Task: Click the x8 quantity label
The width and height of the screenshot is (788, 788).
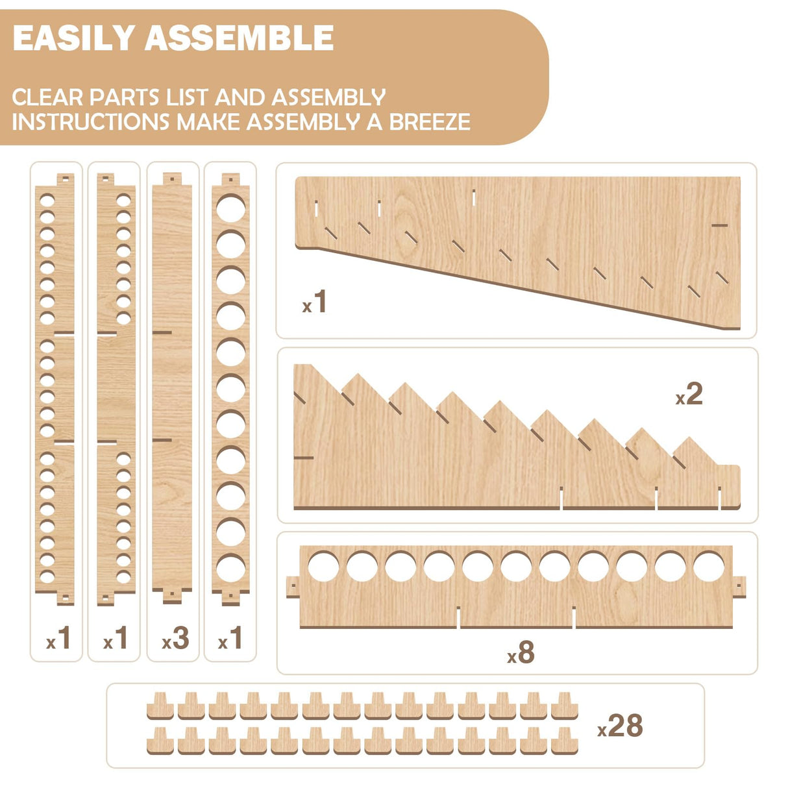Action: pyautogui.click(x=521, y=653)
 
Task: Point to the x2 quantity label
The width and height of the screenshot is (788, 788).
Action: pyautogui.click(x=689, y=394)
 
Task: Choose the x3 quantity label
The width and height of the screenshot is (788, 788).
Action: pyautogui.click(x=175, y=639)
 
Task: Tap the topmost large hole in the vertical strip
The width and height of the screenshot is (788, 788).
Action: pyautogui.click(x=230, y=208)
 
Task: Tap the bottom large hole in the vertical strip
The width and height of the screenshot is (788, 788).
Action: pyautogui.click(x=230, y=568)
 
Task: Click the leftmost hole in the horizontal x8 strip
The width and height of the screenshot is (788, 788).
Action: pyautogui.click(x=323, y=566)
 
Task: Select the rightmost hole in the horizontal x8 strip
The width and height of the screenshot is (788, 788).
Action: pyautogui.click(x=709, y=566)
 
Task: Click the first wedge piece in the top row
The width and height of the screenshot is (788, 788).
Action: pyautogui.click(x=160, y=706)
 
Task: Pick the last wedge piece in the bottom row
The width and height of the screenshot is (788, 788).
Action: pyautogui.click(x=564, y=741)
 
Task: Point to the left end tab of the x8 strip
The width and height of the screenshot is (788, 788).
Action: pyautogui.click(x=293, y=586)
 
